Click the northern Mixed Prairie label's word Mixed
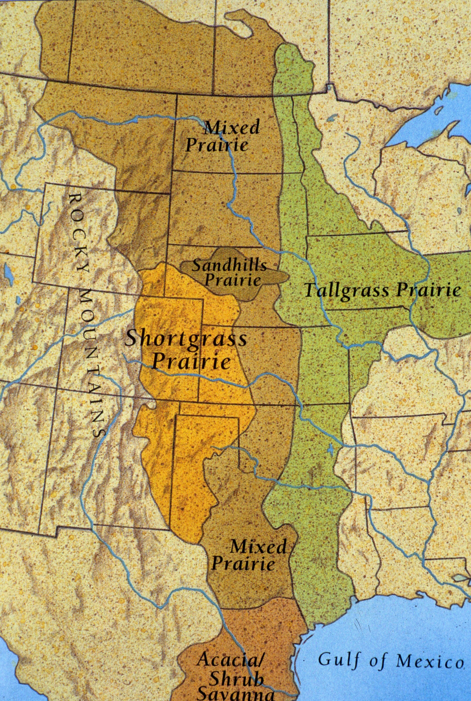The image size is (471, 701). [x=231, y=128]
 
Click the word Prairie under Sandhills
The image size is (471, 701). [x=233, y=281]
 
